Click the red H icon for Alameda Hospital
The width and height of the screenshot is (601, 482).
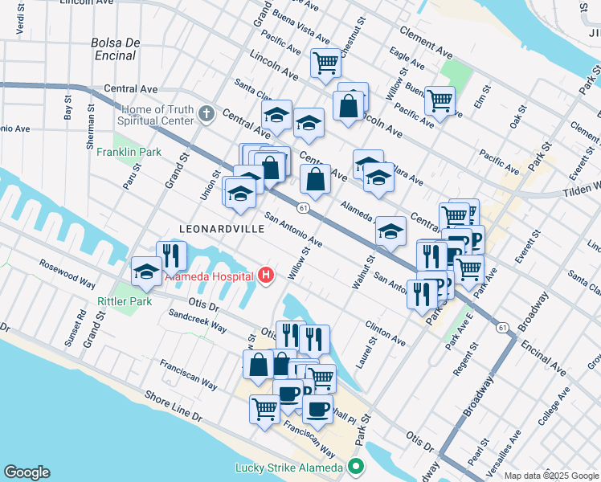pyautogui.click(x=267, y=277)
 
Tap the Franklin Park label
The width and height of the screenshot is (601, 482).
pyautogui.click(x=129, y=152)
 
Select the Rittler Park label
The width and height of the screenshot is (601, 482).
pyautogui.click(x=125, y=301)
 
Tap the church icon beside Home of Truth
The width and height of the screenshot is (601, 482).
pyautogui.click(x=206, y=113)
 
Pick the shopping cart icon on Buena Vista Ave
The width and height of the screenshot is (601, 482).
pyautogui.click(x=325, y=62)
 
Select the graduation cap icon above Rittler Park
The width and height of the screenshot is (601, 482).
pyautogui.click(x=146, y=272)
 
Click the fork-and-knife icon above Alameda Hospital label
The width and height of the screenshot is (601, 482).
pyautogui.click(x=171, y=255)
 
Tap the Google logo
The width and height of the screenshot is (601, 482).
pyautogui.click(x=27, y=472)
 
